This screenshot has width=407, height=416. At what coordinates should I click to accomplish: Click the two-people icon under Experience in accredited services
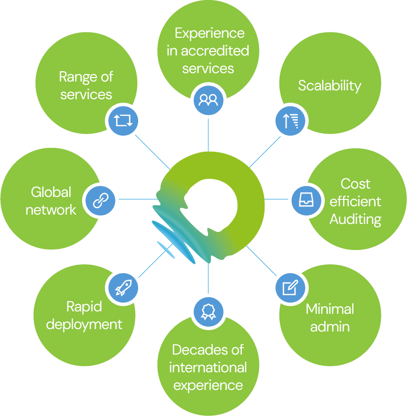pos(208,100)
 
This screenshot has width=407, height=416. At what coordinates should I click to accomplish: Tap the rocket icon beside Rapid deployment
pos(122,287)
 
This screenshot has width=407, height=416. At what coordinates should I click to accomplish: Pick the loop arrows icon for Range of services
pos(122,120)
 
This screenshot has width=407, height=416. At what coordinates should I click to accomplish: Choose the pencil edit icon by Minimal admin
pos(291,287)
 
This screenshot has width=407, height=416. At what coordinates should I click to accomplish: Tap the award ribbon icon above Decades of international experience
pos(208,311)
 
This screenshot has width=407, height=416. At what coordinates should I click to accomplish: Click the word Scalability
pos(329,85)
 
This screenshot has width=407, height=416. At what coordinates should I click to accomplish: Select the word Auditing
pos(355,219)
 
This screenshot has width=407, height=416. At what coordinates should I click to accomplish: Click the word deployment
pos(84,325)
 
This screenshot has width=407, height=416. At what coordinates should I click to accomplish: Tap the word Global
pos(51,192)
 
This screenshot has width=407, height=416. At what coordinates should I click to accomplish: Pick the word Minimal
pos(330,309)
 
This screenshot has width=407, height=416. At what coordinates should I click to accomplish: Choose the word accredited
pos(214,51)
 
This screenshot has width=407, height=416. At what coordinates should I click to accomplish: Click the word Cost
pos(355,184)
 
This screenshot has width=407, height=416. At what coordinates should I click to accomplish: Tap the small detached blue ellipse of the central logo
pos(166,249)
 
